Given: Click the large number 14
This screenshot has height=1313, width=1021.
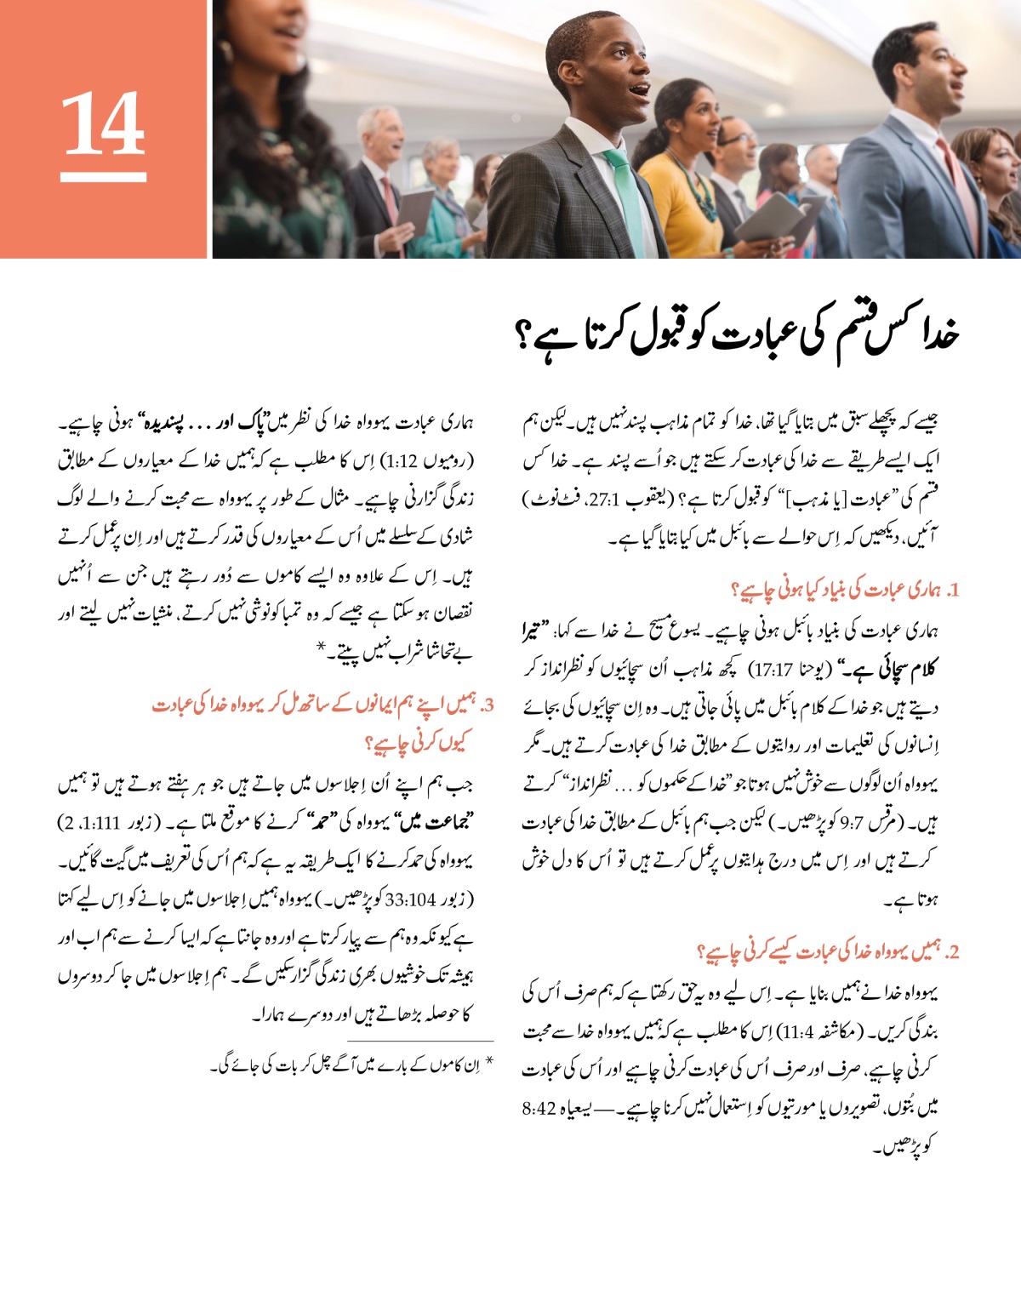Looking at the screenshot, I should pos(103,123).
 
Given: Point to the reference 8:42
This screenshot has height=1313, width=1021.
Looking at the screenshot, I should pos(538,1109).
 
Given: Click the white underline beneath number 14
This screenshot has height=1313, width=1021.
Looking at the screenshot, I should pos(103,178).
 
